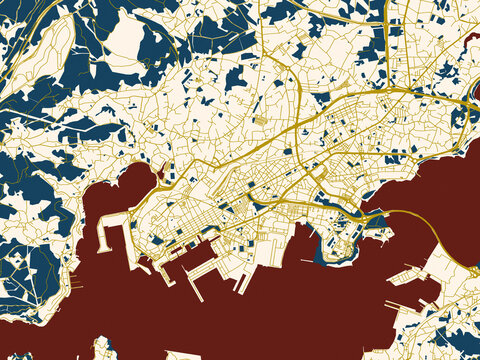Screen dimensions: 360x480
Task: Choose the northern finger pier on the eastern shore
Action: click(x=409, y=269)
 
